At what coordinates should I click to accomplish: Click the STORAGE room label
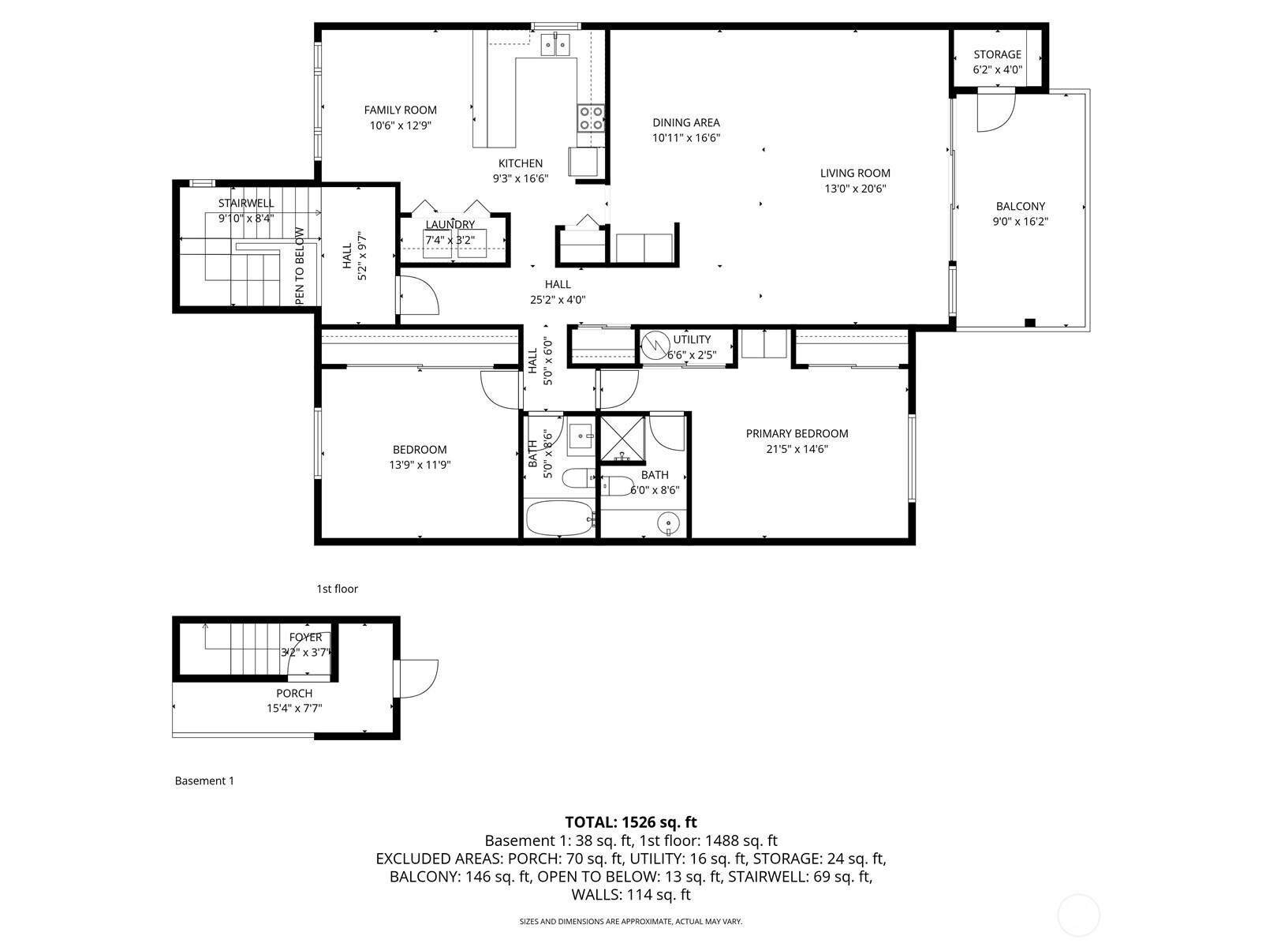(x=997, y=54)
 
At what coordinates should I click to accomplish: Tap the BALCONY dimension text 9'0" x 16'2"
(x=1020, y=222)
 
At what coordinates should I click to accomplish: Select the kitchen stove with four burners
(x=591, y=118)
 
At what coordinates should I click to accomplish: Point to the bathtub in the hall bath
(x=558, y=518)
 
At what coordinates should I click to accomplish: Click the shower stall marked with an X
(x=623, y=439)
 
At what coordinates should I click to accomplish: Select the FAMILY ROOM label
(x=400, y=110)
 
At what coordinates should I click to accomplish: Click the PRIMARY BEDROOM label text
(x=797, y=433)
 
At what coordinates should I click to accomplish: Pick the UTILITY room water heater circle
(x=654, y=345)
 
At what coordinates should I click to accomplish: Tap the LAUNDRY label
(x=450, y=225)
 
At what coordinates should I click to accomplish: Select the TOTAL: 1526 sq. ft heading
(x=630, y=822)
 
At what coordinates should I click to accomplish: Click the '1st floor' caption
(x=337, y=589)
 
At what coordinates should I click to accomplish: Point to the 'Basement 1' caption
(x=204, y=780)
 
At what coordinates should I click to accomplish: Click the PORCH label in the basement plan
(x=293, y=693)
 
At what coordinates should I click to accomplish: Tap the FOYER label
(x=305, y=638)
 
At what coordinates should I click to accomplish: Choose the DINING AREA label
(x=685, y=122)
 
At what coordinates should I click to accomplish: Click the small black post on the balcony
(x=1029, y=322)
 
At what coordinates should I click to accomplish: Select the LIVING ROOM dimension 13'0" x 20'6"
(x=855, y=189)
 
